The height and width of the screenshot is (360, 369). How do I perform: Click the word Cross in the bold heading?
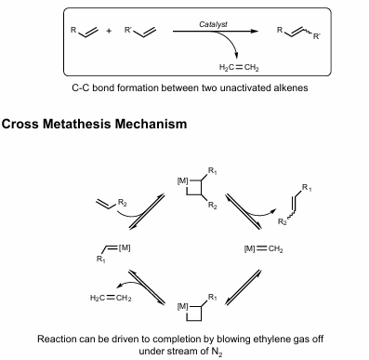coord(26,123)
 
